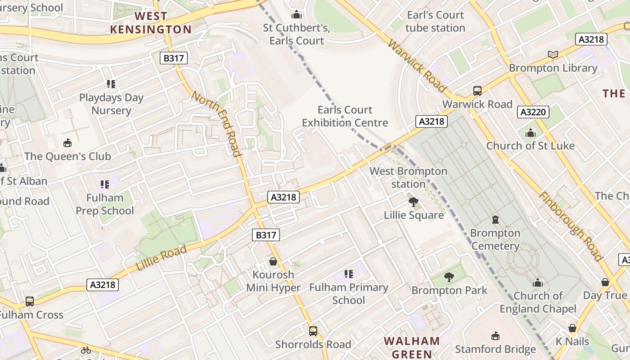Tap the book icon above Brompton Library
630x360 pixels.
coord(553,55)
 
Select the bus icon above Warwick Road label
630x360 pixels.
coord(477,91)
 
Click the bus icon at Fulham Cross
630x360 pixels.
coord(30,301)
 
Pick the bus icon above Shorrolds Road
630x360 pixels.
coord(313,331)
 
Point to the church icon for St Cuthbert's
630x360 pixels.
coord(297,15)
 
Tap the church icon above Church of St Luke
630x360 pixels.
coord(531,133)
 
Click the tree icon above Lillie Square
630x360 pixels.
coord(414,202)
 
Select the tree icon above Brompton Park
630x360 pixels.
coord(449,277)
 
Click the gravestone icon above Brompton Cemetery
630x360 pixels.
coord(495,220)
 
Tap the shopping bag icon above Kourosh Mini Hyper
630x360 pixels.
coord(273,261)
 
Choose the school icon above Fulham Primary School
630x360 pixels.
coord(348,274)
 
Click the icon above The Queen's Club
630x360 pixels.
coord(67,143)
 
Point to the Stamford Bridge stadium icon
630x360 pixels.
coord(495,336)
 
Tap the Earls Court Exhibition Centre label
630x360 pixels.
coord(345,116)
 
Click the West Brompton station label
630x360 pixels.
coord(408,178)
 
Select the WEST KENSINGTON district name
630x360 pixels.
coord(151,23)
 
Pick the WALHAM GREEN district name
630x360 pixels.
coord(412,347)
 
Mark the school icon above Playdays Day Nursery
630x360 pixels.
coord(111,84)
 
